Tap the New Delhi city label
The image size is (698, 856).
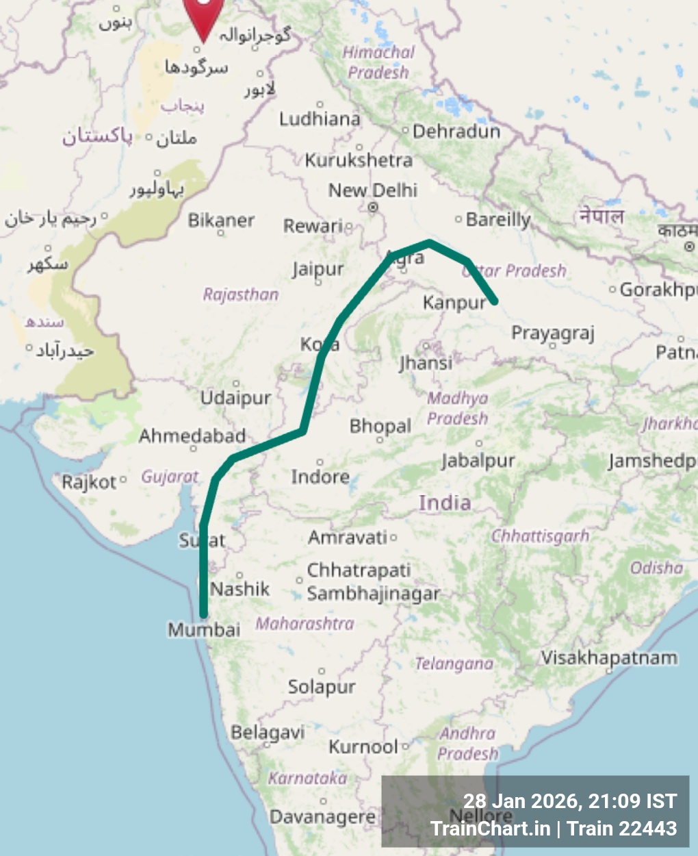coord(373,190)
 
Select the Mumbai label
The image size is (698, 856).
coord(204,629)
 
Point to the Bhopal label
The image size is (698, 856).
coord(380,426)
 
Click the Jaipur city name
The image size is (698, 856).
coord(318,269)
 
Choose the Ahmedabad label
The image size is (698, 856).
coord(192,436)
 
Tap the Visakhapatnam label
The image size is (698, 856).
coord(609,658)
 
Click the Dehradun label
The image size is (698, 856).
coord(456,131)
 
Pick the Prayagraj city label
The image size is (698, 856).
coord(553,333)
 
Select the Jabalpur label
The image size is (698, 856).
coord(478,460)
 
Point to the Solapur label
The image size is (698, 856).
coord(322,686)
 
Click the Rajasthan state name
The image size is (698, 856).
coord(241,294)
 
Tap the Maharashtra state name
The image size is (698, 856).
coord(305,624)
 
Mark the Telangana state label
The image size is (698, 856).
coord(454,664)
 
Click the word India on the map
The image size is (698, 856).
coord(445,503)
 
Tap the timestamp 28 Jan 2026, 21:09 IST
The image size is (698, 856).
coord(569,801)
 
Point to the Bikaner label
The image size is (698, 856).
coord(221,221)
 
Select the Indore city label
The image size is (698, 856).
coord(320,476)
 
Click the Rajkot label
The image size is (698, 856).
coord(90,482)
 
